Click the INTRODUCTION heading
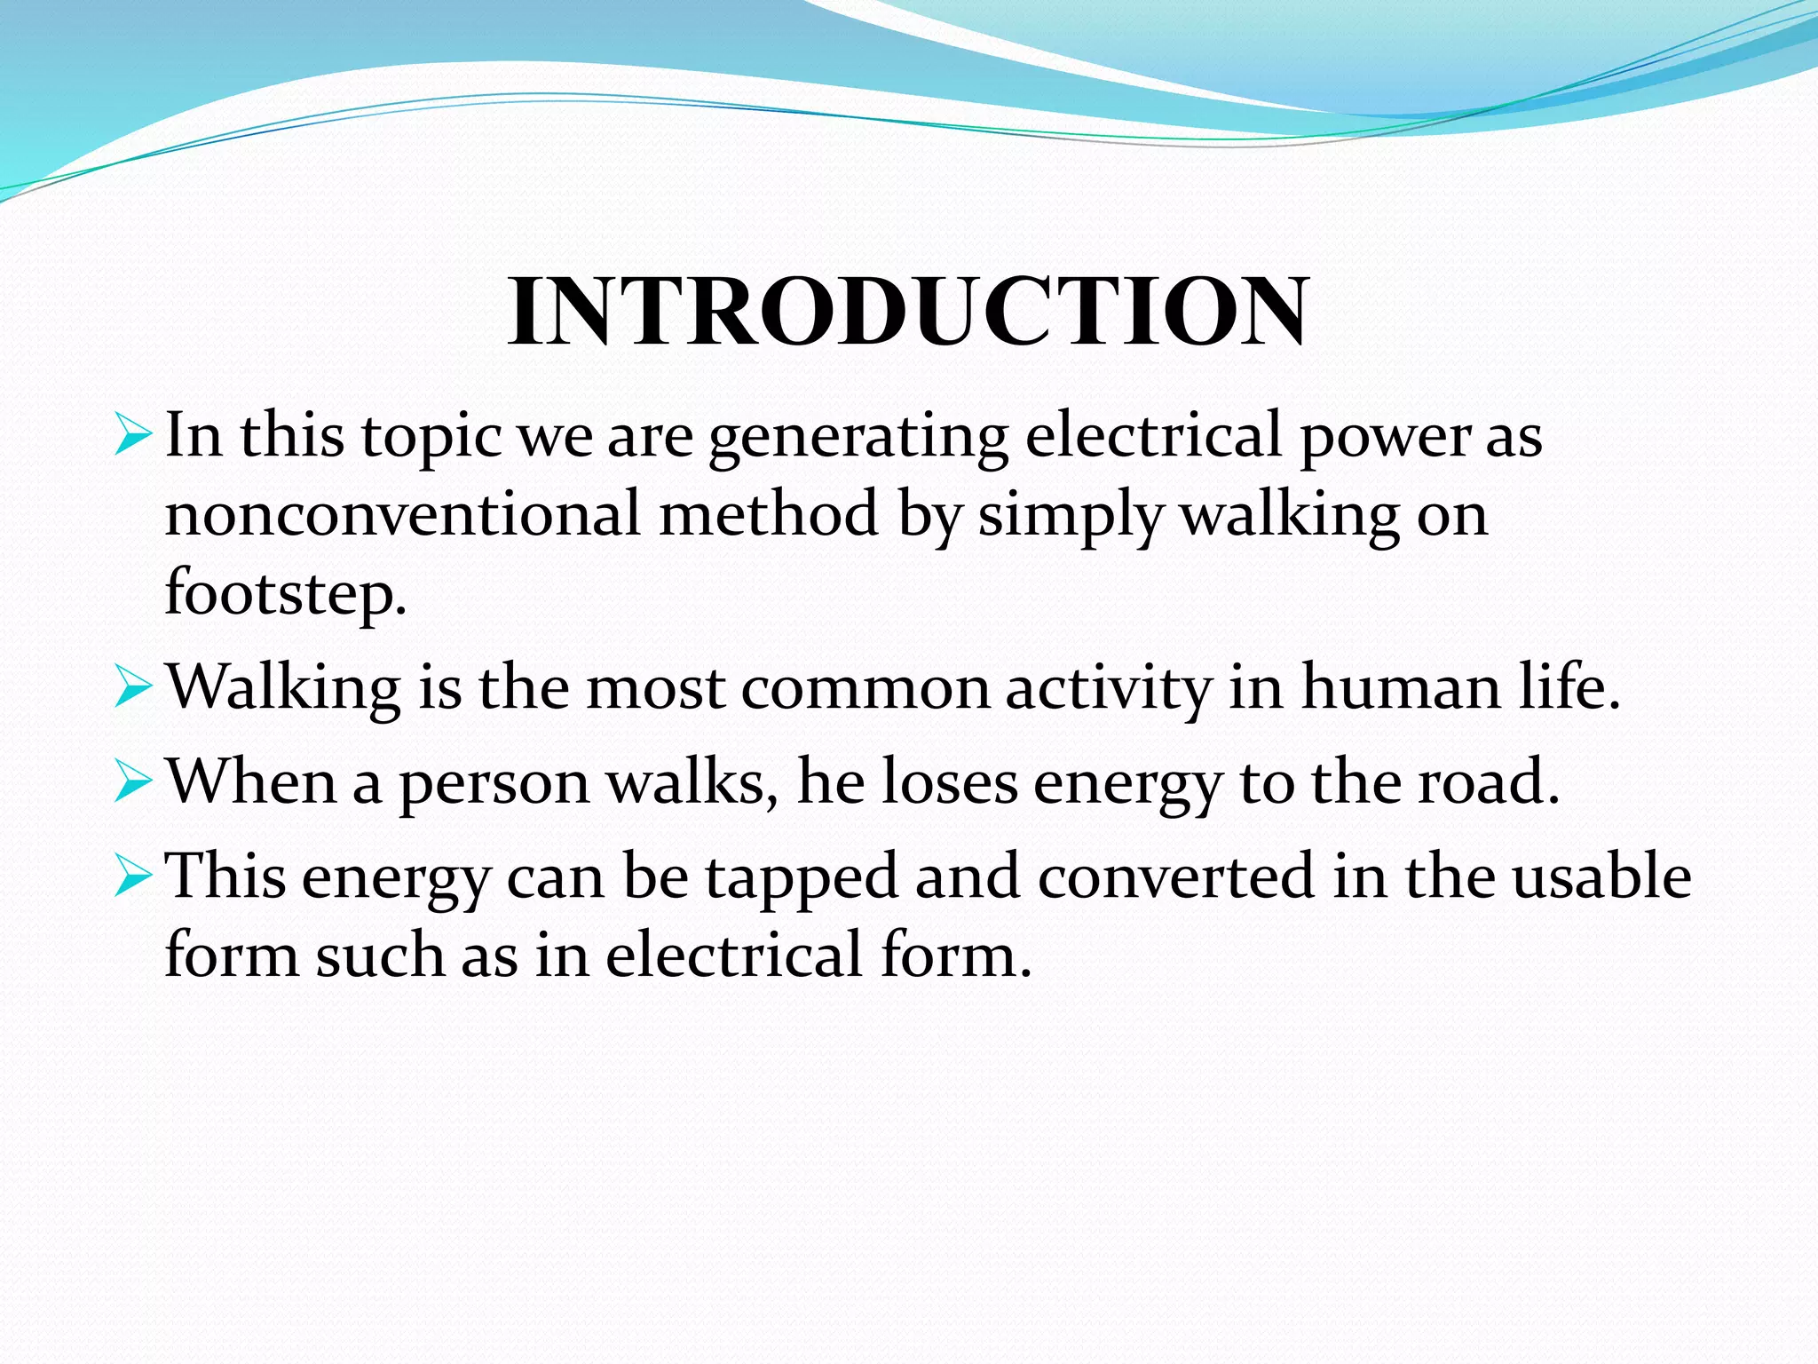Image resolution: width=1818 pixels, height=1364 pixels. click(x=907, y=312)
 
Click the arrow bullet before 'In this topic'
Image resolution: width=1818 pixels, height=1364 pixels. click(x=133, y=435)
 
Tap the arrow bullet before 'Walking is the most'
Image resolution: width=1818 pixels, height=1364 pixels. click(x=133, y=688)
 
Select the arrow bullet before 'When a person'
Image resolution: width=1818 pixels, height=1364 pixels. click(x=133, y=782)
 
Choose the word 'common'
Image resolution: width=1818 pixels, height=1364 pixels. click(x=866, y=689)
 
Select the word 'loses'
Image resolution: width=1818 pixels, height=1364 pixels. click(x=950, y=781)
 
